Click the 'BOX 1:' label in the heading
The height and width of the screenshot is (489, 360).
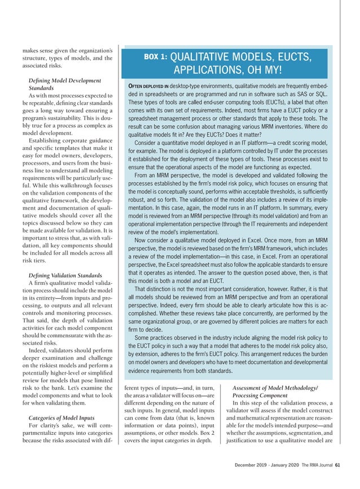[x=155, y=57]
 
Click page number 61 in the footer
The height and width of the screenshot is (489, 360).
[x=337, y=465]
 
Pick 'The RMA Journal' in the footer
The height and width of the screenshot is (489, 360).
[x=313, y=465]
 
